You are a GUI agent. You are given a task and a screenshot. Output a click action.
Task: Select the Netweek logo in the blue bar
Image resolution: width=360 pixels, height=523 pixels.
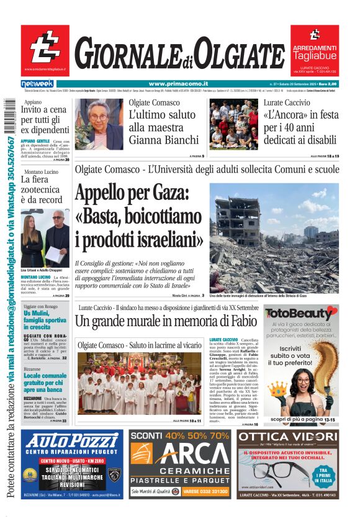point(37,84)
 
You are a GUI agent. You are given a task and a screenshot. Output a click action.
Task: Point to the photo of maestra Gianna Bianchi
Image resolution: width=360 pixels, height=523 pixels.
point(98,124)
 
